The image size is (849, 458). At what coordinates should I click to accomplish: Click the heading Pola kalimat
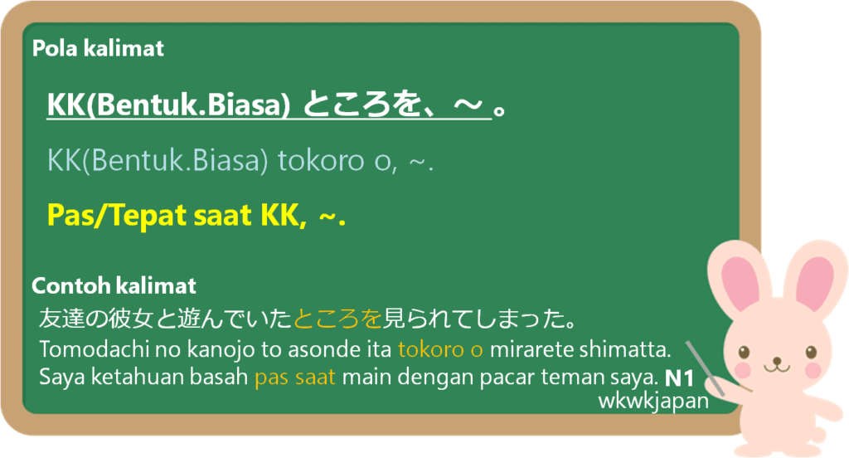pos(98,49)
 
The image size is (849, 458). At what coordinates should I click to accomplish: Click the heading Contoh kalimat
pos(114,285)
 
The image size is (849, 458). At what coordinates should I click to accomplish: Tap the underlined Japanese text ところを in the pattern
pos(361,104)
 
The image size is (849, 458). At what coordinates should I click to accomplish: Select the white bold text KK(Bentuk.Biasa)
pos(168,105)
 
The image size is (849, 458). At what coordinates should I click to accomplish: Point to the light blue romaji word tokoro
pos(321,160)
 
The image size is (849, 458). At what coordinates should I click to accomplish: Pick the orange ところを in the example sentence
pos(338,319)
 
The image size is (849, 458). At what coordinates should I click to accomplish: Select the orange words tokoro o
pos(440,349)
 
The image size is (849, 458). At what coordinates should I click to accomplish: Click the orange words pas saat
pos(295,378)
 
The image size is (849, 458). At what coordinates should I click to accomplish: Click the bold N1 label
pos(679,378)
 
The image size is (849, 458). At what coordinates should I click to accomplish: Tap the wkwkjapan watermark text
pos(653,401)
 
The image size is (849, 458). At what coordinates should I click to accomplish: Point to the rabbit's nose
pos(777,360)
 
